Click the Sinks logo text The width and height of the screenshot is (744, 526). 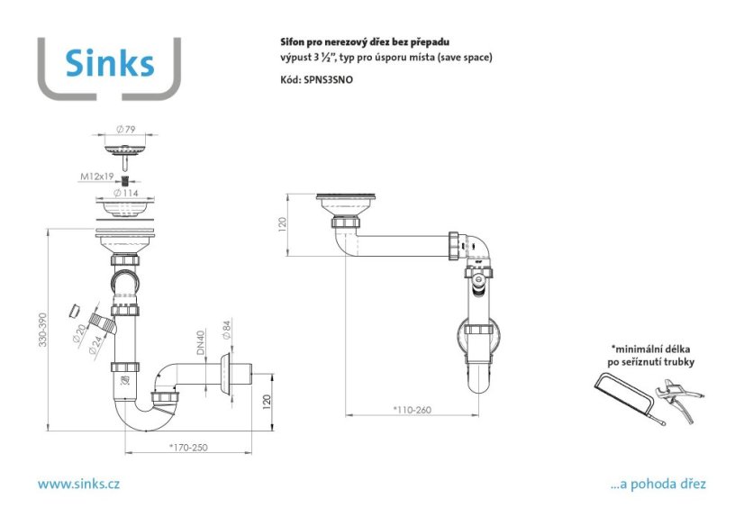pos(110,63)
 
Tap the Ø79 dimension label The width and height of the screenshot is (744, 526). pos(126,129)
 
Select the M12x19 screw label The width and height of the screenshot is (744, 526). pos(96,177)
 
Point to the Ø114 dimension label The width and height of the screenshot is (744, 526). pos(126,193)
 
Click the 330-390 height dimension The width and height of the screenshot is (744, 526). pos(43,330)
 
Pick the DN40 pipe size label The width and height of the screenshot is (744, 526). pos(201,342)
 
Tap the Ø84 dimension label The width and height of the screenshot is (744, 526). pos(226,330)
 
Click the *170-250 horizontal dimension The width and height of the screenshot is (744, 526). pos(188,448)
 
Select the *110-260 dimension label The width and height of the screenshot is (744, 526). pos(412,410)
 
